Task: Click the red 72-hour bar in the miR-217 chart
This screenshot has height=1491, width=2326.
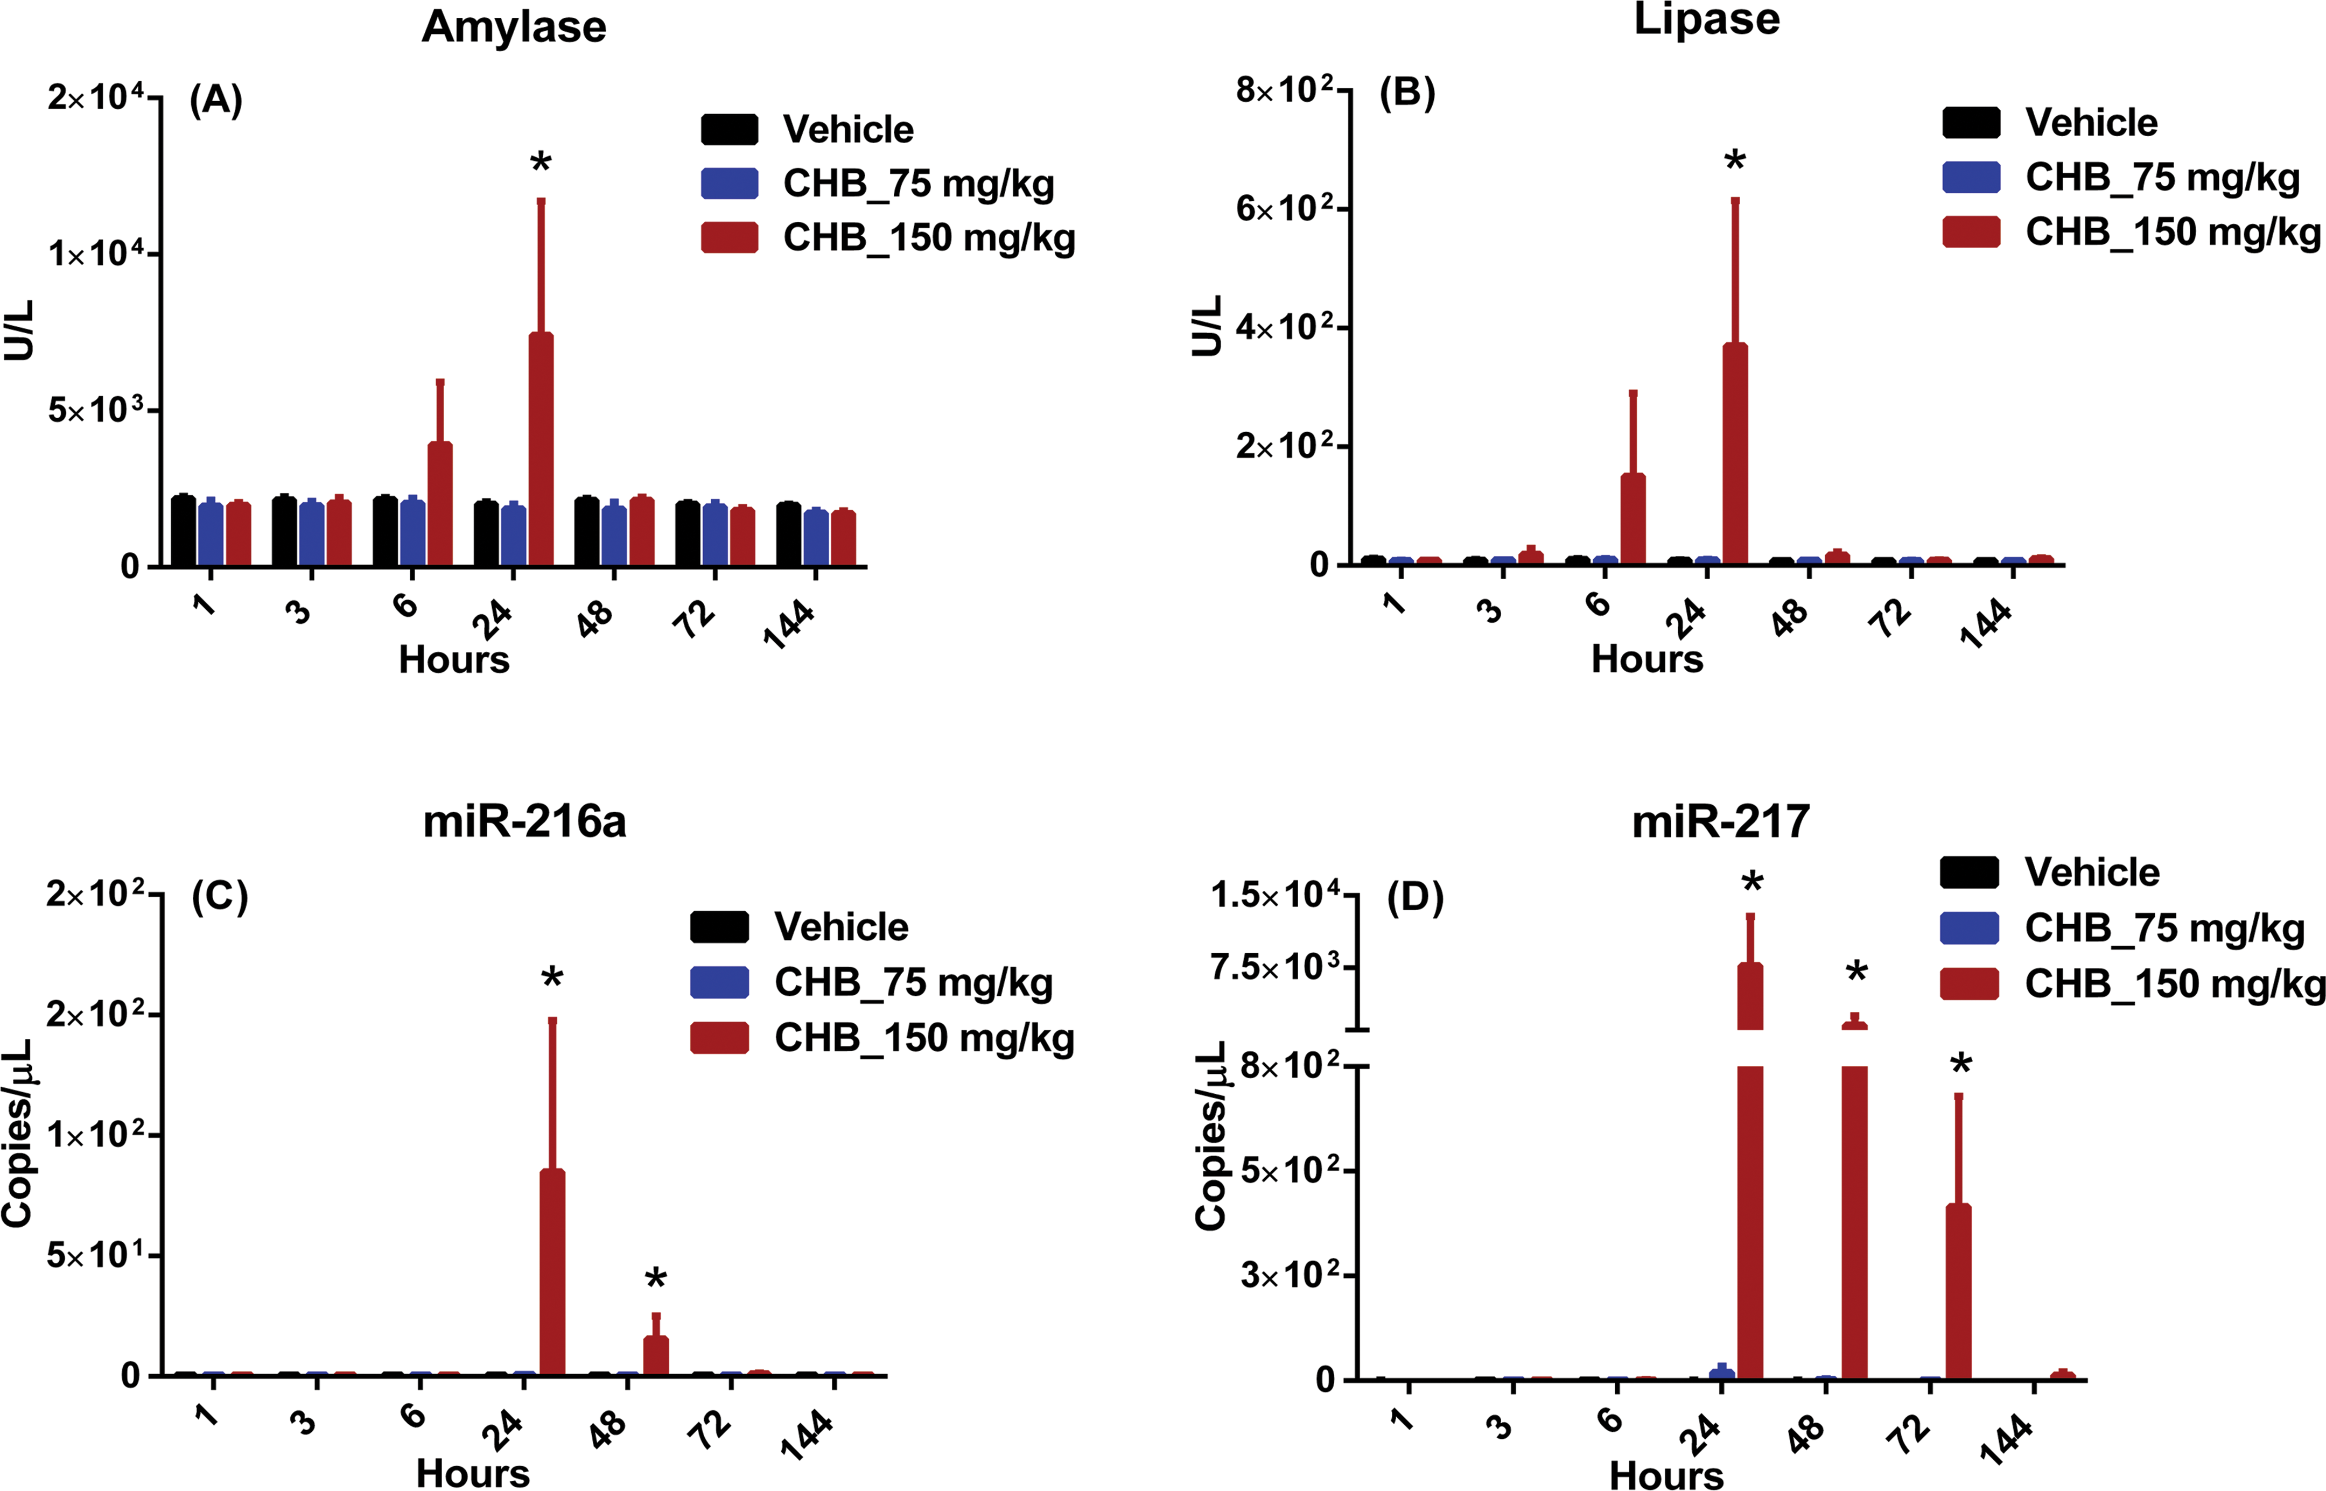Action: [x=1958, y=1291]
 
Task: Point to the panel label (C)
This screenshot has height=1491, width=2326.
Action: [x=220, y=897]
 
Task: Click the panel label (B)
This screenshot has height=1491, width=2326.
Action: [x=1407, y=93]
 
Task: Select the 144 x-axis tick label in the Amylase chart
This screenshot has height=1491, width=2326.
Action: [x=789, y=623]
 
